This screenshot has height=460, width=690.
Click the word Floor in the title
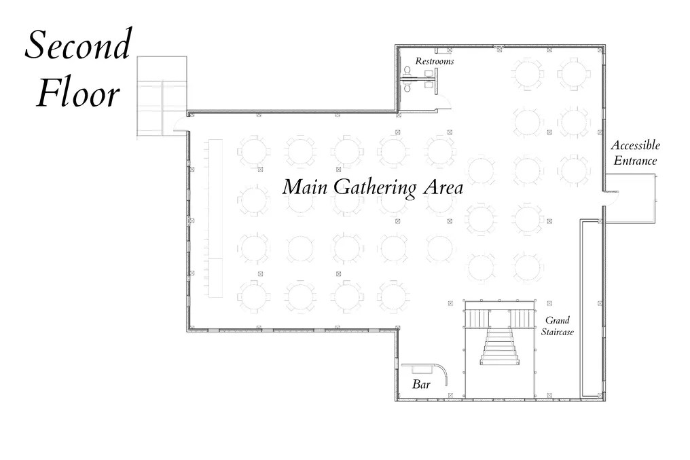(x=78, y=93)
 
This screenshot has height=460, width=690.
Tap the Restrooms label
(x=435, y=61)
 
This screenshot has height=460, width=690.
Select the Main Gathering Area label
(x=372, y=188)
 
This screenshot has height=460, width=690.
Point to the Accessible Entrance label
(x=636, y=153)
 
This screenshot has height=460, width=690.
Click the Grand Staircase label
(x=558, y=326)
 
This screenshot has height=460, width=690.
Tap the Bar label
(x=421, y=385)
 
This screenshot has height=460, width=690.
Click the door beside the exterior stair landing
(x=181, y=126)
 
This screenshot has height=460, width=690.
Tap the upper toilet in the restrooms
(x=407, y=72)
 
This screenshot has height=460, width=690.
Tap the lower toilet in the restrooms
(x=407, y=88)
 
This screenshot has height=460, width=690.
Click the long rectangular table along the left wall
(x=215, y=218)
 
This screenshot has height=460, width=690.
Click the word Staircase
(x=558, y=332)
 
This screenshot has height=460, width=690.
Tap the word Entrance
(x=635, y=161)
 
